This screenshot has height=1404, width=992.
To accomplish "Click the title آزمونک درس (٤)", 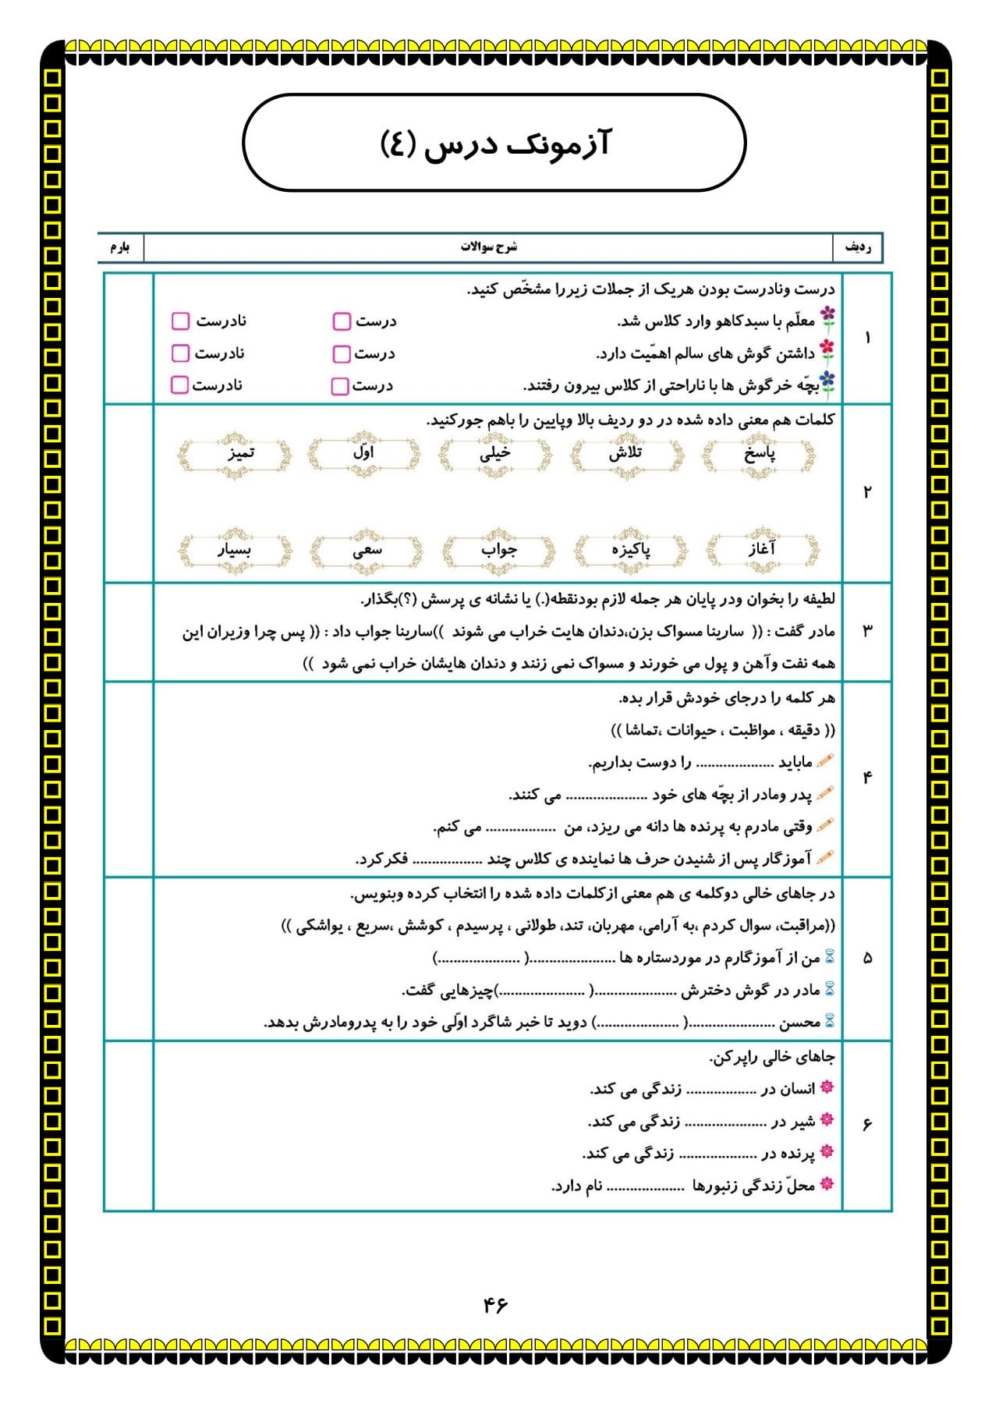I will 494,144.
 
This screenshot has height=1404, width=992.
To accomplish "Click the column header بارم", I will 120,247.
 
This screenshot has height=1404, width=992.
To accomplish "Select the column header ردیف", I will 858,247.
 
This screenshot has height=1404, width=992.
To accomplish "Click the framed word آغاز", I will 762,550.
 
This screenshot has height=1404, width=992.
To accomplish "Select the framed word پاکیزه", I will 630,550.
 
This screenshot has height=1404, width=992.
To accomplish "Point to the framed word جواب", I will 498,550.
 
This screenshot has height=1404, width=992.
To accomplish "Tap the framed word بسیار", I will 235,550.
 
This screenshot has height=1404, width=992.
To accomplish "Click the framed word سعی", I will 367,550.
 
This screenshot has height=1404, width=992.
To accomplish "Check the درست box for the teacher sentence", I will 341,321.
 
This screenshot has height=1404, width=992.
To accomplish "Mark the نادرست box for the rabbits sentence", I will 179,385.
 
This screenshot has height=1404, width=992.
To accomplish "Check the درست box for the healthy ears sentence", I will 341,354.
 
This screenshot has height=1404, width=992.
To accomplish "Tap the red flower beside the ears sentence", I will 827,349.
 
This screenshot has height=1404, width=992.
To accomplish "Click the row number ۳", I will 867,630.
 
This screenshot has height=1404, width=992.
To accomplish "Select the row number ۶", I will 867,1124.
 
